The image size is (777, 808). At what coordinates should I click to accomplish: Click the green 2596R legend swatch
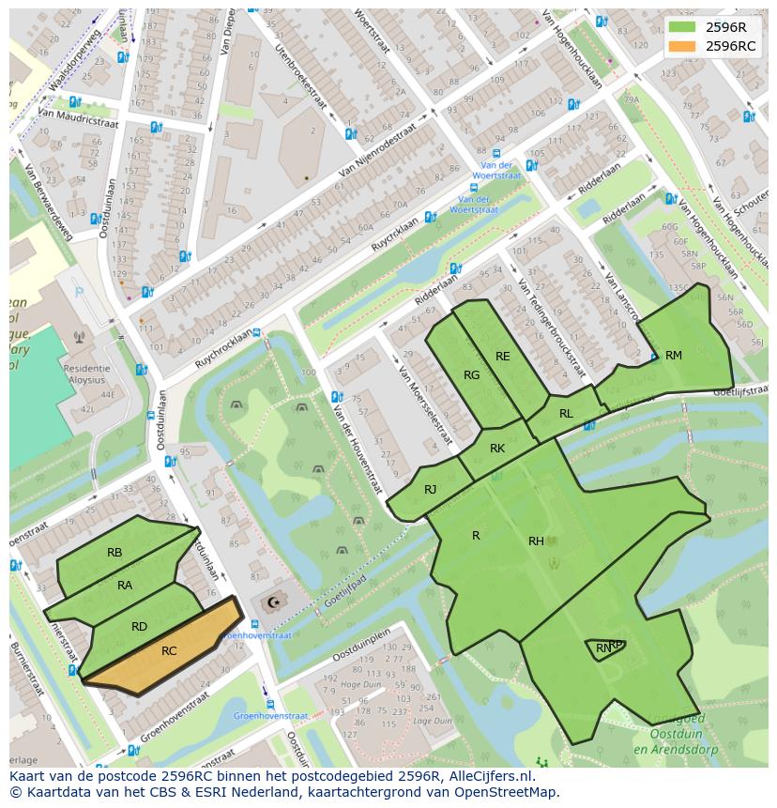(x=682, y=27)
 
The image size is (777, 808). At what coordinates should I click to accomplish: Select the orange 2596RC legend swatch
(x=682, y=46)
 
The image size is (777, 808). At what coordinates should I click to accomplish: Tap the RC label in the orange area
(x=169, y=651)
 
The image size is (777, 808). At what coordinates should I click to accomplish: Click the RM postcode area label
(x=673, y=356)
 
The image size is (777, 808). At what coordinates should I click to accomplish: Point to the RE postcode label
(x=503, y=357)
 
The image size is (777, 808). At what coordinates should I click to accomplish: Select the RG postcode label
(x=471, y=375)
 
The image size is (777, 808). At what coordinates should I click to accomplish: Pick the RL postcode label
(x=566, y=414)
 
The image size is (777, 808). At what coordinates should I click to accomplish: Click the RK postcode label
(x=497, y=449)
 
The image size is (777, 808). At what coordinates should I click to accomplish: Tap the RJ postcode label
(x=430, y=490)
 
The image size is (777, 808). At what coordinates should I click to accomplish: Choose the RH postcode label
(x=536, y=541)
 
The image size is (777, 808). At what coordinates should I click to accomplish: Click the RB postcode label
(x=114, y=553)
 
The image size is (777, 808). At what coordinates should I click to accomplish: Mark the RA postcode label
(x=125, y=586)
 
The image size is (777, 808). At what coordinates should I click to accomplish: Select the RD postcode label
(x=139, y=627)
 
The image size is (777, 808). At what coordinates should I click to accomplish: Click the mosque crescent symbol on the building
(x=274, y=602)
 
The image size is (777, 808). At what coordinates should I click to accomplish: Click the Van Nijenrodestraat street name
(x=376, y=153)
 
